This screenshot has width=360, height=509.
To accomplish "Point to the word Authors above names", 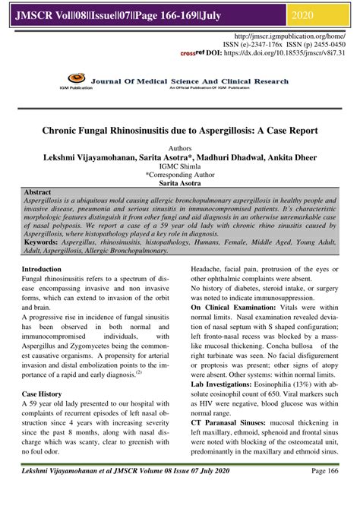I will [180, 149].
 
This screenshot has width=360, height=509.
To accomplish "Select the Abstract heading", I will [38, 193].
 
